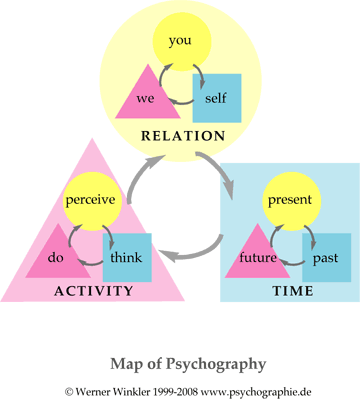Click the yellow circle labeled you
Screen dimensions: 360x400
tap(182, 41)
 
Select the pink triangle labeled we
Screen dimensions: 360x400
tap(148, 98)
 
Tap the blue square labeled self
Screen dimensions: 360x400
tap(217, 98)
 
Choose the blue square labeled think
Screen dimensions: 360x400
tap(127, 257)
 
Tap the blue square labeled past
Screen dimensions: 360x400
tap(327, 257)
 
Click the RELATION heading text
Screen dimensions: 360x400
tap(183, 136)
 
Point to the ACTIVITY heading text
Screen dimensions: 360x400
tap(94, 291)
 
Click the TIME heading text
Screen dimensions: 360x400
tap(293, 291)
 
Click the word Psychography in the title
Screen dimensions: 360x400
tap(216, 364)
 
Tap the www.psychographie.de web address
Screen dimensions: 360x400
tap(256, 391)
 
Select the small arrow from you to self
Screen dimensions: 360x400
tap(200, 76)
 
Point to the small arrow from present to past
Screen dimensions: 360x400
tap(311, 236)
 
